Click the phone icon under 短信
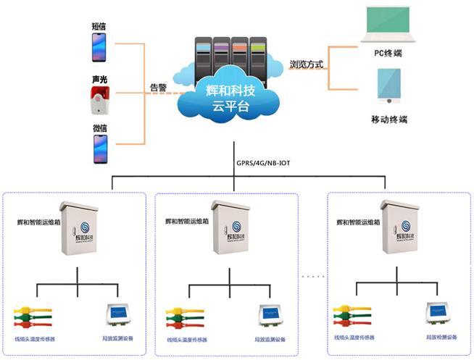99,48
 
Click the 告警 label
158,88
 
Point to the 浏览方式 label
306,63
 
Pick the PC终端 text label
389,52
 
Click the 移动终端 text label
389,118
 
